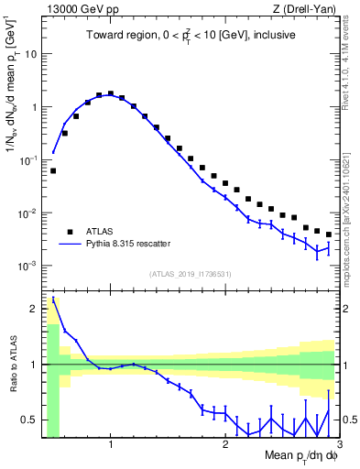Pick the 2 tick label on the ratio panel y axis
tap(35, 308)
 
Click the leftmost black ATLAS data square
tap(53, 170)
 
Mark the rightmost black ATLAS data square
tap(328, 234)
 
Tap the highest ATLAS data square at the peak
tap(111, 93)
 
